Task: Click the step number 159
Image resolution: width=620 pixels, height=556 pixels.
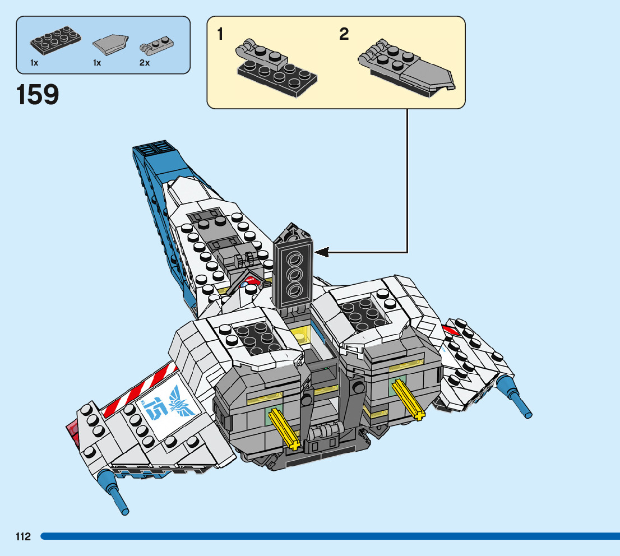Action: click(x=38, y=95)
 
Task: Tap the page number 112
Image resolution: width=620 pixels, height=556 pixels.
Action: click(x=23, y=537)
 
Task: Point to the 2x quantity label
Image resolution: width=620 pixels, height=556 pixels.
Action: click(x=145, y=63)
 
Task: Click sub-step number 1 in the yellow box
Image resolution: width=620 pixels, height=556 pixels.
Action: click(x=220, y=35)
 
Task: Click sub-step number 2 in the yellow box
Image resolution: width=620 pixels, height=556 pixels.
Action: click(x=344, y=35)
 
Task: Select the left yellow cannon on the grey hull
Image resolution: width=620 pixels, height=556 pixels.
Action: click(x=285, y=429)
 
